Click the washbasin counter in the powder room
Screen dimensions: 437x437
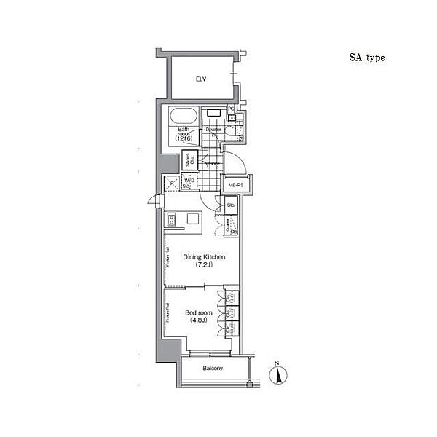click(x=213, y=114)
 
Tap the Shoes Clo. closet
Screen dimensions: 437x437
click(x=186, y=159)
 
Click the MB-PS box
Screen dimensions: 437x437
click(x=236, y=186)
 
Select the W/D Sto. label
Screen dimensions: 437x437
click(x=188, y=183)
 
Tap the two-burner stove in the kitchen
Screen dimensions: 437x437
click(x=172, y=219)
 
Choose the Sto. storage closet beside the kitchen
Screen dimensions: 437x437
click(x=230, y=207)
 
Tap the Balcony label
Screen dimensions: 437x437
click(x=213, y=368)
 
